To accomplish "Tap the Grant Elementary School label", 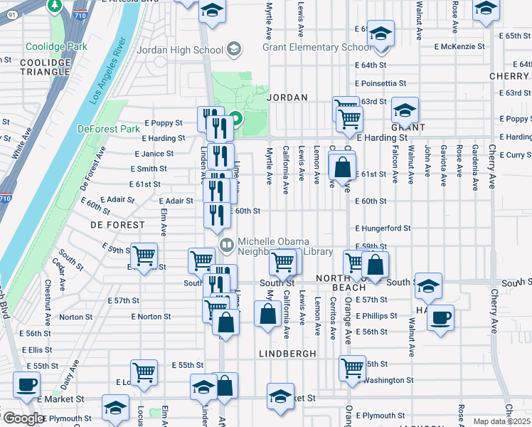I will tap(316, 47).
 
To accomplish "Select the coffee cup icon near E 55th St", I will tap(28, 384).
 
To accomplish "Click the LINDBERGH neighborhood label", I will tap(287, 354).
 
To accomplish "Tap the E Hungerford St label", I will tap(383, 228).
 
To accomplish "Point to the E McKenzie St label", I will tap(459, 46).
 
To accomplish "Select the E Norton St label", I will tap(151, 317).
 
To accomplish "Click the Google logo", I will tap(23, 418).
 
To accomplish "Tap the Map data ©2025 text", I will tap(501, 421).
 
